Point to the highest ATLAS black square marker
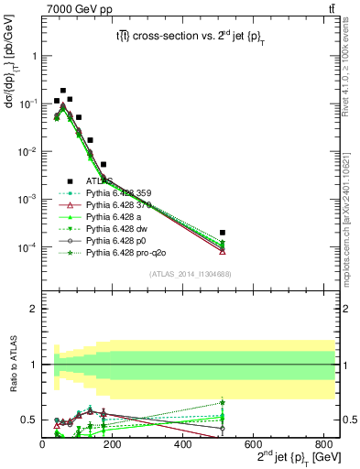click(x=63, y=91)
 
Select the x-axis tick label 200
click(x=113, y=445)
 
